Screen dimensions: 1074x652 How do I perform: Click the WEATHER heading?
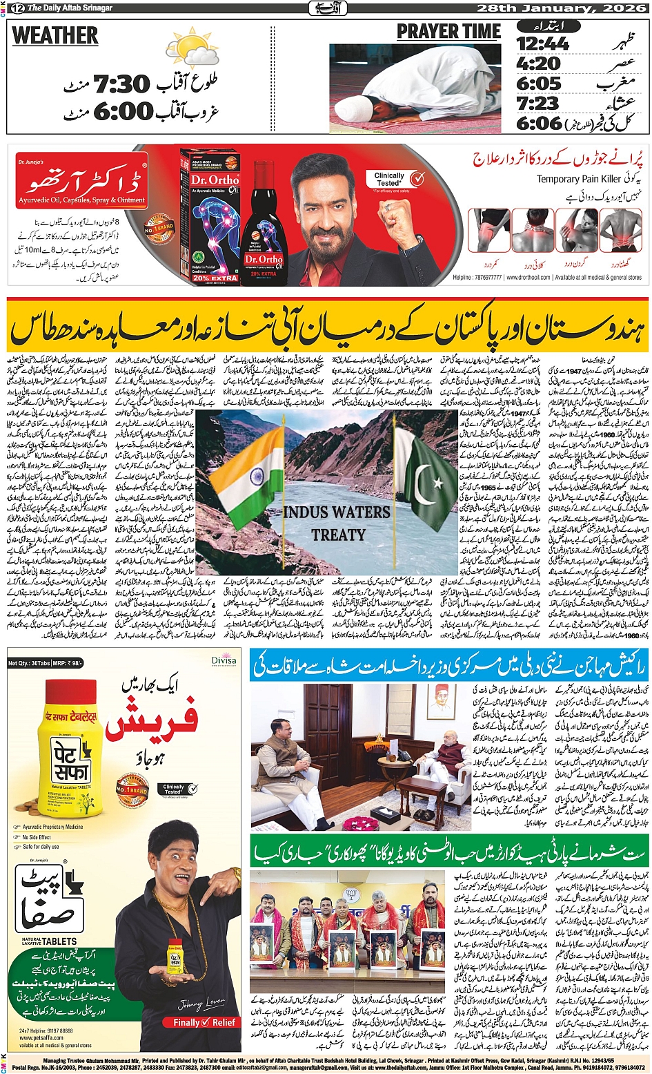[x=55, y=36]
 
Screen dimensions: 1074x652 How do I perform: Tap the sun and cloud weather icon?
[x=191, y=50]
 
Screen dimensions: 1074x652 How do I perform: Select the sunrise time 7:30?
[x=121, y=85]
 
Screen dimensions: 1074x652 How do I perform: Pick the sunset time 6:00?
[x=123, y=111]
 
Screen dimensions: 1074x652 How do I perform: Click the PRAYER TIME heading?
[x=448, y=32]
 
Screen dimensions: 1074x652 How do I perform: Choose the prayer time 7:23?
[x=537, y=104]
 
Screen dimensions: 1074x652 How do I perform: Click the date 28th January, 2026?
[x=561, y=8]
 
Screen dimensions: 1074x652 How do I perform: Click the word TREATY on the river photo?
[x=337, y=535]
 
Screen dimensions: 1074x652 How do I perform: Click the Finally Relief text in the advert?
[x=204, y=1022]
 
